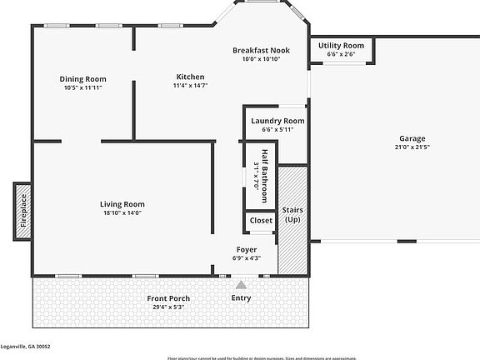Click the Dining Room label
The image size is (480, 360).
(82, 79)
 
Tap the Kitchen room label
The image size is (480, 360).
(190, 77)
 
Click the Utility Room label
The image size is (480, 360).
(341, 46)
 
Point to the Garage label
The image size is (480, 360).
(412, 138)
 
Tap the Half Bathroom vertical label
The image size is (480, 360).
(265, 176)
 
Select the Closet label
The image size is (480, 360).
(261, 221)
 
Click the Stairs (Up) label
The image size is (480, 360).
(292, 214)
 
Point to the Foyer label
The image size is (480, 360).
(246, 249)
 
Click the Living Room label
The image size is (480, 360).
(122, 204)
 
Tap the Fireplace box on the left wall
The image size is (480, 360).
(22, 212)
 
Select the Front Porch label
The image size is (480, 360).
(168, 298)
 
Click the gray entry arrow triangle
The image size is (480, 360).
(241, 285)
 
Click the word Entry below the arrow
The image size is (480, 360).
(241, 297)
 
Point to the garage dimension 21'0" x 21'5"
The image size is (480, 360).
(412, 147)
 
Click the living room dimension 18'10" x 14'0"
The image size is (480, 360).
(122, 212)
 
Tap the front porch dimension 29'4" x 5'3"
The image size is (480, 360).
(168, 307)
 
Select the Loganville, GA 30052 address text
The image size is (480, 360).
(25, 345)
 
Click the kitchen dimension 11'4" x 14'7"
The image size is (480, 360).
(190, 85)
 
